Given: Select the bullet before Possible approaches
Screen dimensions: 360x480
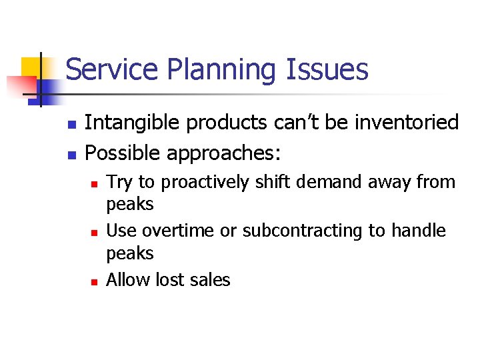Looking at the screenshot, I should pyautogui.click(x=73, y=155).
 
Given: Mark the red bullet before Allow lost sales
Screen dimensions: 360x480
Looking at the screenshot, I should pyautogui.click(x=94, y=281).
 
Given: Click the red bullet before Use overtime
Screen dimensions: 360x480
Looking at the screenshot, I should pyautogui.click(x=94, y=232).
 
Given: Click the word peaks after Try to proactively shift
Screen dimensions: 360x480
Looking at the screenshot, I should pyautogui.click(x=130, y=204).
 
